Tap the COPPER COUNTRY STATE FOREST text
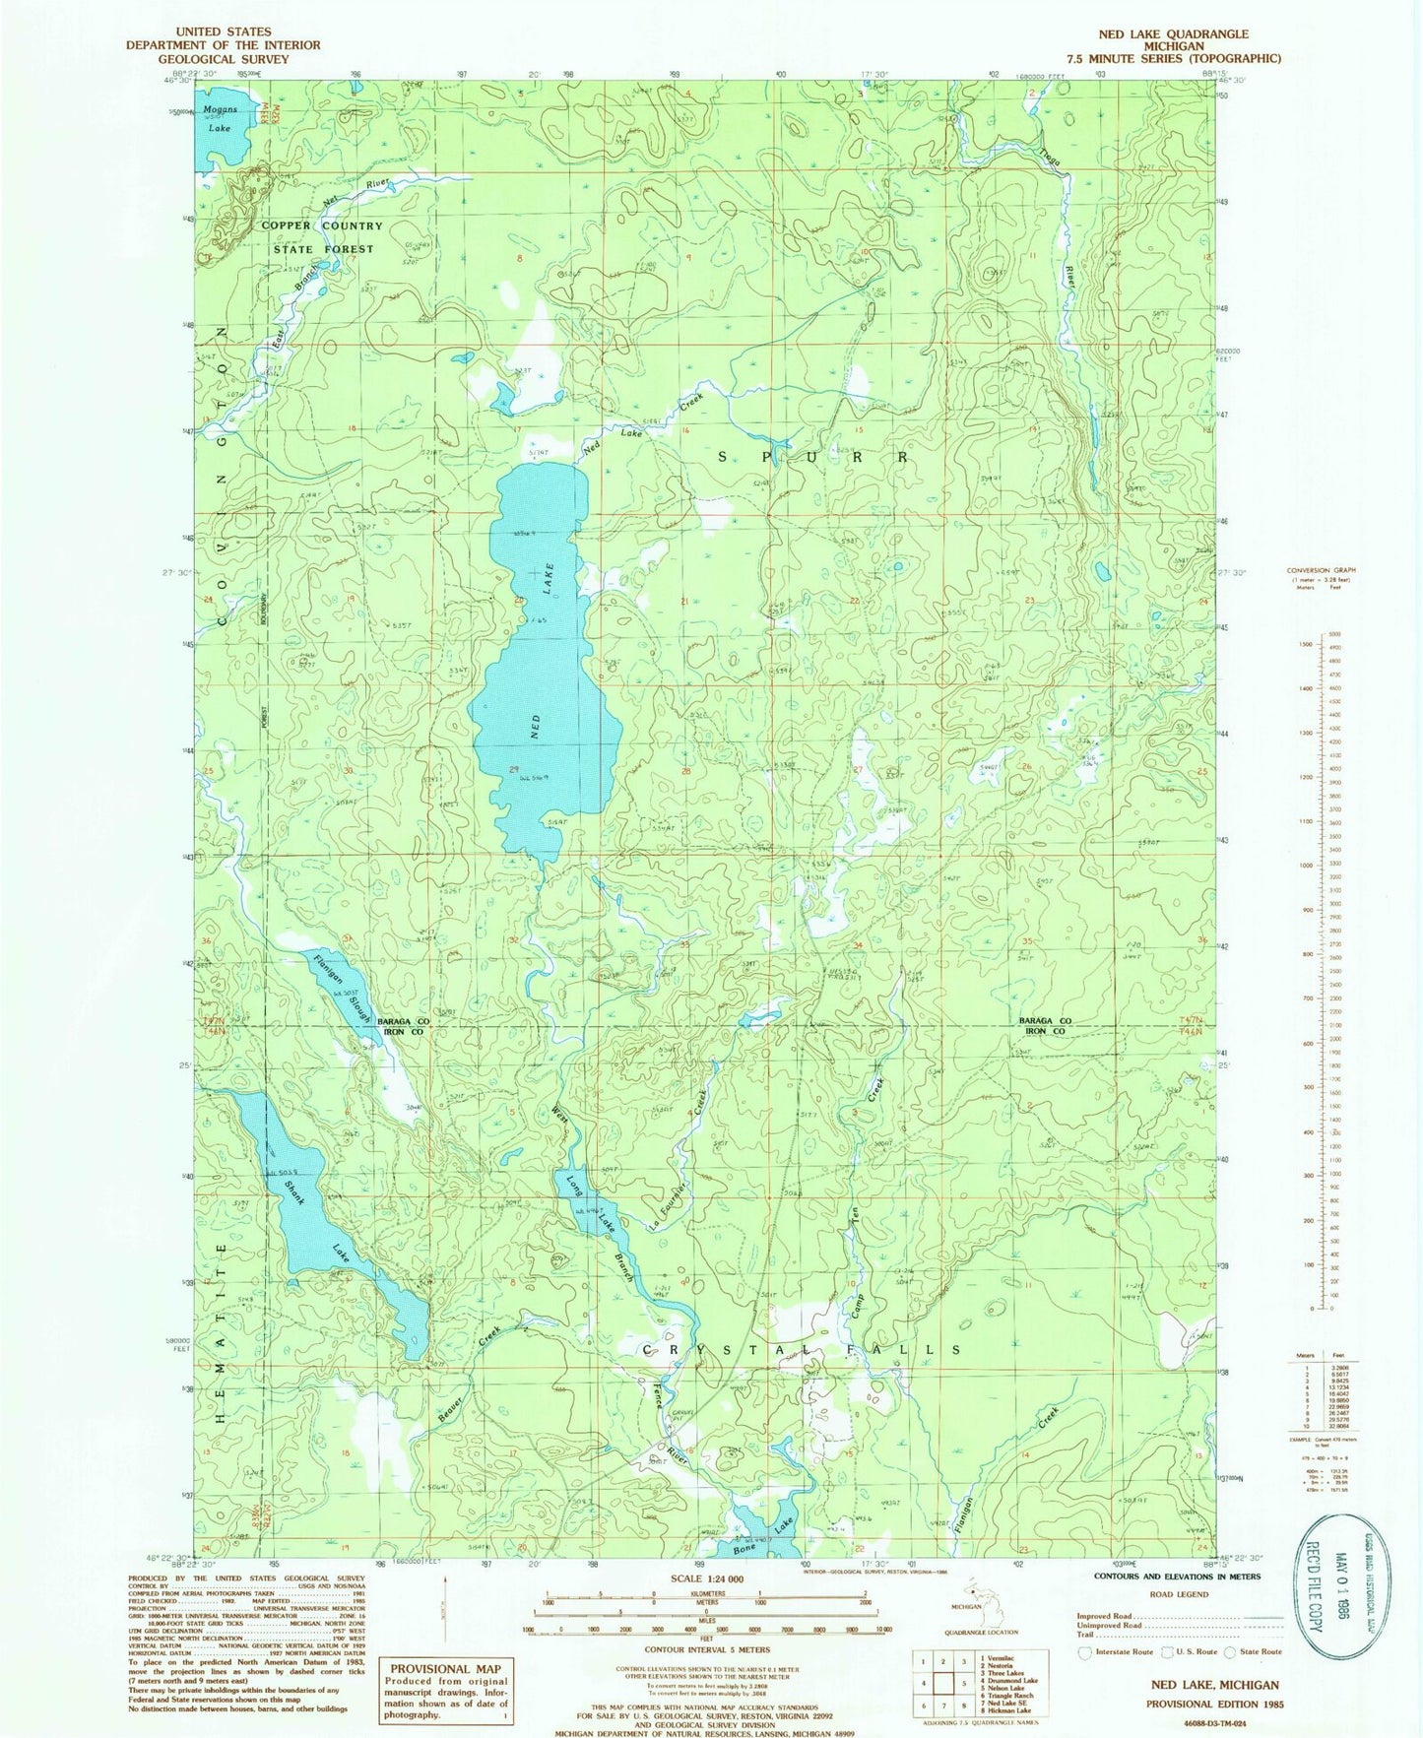pyautogui.click(x=322, y=237)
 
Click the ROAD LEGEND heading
pyautogui.click(x=1179, y=1593)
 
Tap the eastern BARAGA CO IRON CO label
pyautogui.click(x=1059, y=1027)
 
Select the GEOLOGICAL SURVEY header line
pyautogui.click(x=223, y=59)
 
